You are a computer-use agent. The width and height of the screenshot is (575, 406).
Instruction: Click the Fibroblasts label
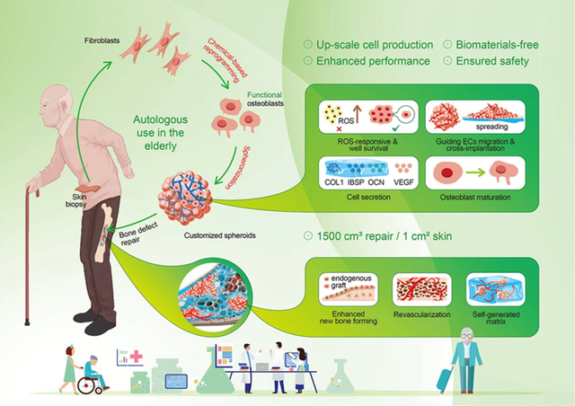pyautogui.click(x=102, y=40)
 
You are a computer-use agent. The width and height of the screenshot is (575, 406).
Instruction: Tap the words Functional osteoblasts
pyautogui.click(x=265, y=99)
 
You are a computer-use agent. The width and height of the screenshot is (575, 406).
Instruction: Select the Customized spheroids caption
pyautogui.click(x=219, y=235)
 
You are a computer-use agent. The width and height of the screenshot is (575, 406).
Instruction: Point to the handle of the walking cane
pyautogui.click(x=32, y=190)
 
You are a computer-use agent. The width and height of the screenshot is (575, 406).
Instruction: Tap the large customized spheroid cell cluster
pyautogui.click(x=185, y=198)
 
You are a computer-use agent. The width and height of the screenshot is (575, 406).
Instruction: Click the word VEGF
pyautogui.click(x=403, y=182)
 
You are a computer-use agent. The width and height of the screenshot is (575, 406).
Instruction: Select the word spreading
pyautogui.click(x=491, y=127)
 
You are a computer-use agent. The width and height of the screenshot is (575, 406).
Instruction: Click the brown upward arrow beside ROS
pyautogui.click(x=358, y=114)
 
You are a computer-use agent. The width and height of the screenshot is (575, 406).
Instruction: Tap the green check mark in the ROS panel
pyautogui.click(x=395, y=128)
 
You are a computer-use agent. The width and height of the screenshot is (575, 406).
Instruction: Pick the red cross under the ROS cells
pyautogui.click(x=339, y=128)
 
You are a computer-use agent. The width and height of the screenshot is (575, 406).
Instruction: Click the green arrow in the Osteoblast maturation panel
pyautogui.click(x=477, y=172)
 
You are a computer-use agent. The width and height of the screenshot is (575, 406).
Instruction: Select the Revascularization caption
pyautogui.click(x=421, y=314)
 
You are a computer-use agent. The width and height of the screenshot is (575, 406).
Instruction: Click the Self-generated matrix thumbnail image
pyautogui.click(x=495, y=289)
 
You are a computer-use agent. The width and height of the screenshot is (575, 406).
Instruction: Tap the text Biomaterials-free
pyautogui.click(x=497, y=45)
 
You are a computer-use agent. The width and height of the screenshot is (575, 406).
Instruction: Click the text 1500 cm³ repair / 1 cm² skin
pyautogui.click(x=384, y=236)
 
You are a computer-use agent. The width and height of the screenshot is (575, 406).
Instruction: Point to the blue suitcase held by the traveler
pyautogui.click(x=445, y=381)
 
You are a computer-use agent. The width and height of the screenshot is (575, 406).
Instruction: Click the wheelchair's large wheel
pyautogui.click(x=86, y=385)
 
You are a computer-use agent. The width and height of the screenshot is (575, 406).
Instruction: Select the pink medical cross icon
pyautogui.click(x=137, y=357)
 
